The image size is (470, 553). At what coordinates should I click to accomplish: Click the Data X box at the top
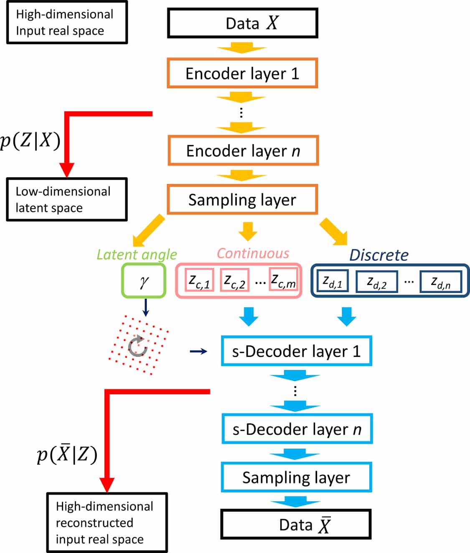[242, 23]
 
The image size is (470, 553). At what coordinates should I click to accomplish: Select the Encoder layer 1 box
[242, 73]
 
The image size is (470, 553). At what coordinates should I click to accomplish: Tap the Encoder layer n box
[243, 150]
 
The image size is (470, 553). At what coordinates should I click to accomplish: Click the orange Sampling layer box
[242, 200]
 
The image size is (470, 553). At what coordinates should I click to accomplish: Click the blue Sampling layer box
[296, 477]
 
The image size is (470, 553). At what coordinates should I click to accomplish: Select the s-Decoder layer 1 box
[296, 351]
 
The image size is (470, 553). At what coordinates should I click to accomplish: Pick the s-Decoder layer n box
[297, 429]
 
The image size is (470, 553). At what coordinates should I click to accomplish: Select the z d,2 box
[376, 282]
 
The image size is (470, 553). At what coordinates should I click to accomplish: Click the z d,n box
[441, 282]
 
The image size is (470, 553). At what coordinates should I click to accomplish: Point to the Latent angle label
[137, 254]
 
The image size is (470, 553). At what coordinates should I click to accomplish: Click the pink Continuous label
[253, 253]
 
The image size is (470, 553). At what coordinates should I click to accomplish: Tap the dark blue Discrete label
[379, 255]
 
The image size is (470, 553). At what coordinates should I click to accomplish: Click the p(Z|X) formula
[30, 140]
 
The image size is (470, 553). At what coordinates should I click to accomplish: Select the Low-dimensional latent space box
[67, 199]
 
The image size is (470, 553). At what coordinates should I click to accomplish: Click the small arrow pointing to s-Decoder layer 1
[198, 352]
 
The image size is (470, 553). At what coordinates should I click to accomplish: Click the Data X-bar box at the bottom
[296, 525]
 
